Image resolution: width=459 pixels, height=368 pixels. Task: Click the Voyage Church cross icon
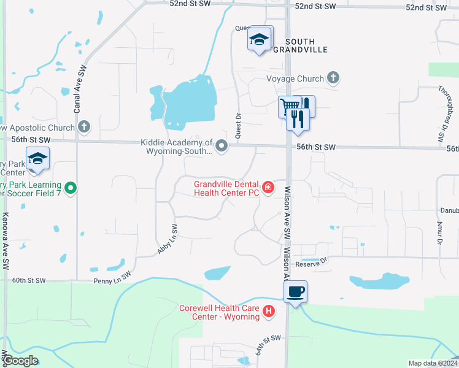[333, 78]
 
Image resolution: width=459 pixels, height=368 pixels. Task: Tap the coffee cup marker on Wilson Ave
[296, 291]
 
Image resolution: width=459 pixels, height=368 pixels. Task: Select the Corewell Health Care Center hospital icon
[268, 312]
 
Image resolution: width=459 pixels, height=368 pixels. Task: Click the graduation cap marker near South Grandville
[260, 39]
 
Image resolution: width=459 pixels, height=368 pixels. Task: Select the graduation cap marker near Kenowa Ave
[38, 159]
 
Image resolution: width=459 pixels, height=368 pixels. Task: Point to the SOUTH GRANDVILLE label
[299, 45]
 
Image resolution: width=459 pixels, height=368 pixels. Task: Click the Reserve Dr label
[312, 264]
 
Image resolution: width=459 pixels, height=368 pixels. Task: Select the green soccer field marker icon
[71, 187]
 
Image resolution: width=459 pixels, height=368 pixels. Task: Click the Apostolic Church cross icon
[85, 128]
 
